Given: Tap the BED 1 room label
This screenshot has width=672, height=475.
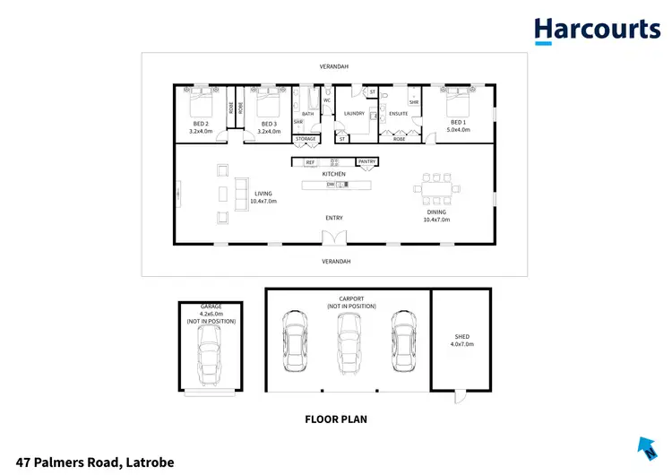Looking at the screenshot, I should tap(458, 122).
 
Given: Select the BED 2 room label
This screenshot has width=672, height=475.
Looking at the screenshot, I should tap(199, 123).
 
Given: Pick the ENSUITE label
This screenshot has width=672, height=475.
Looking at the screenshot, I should tap(398, 114).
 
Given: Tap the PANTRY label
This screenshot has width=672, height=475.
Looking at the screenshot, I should tap(366, 161).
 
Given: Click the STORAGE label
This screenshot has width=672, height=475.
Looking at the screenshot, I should tap(306, 140).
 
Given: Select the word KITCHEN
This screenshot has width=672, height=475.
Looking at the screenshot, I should tap(334, 174).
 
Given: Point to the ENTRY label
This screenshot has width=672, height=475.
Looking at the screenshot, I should tap(334, 218).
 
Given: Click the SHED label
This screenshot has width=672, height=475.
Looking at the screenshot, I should tap(461, 337).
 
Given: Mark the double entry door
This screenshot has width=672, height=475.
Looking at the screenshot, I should tap(334, 237).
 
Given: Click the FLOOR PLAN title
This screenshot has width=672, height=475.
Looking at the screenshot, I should tap(335, 419).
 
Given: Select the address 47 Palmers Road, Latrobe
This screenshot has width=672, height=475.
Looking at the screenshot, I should tap(89, 462).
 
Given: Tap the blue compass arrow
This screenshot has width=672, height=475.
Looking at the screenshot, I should tap(646, 448).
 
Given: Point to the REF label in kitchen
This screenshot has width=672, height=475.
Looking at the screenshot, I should tap(310, 161).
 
